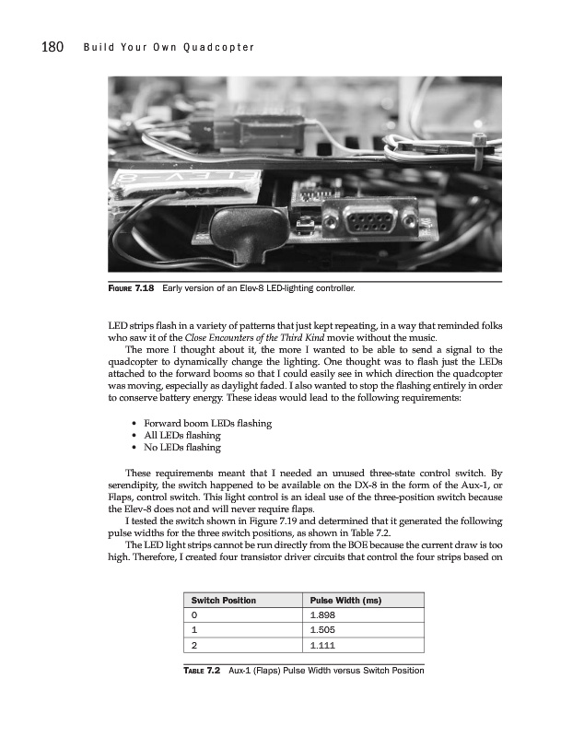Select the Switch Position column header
tap(224, 601)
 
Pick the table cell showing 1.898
tap(322, 615)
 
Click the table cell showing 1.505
tap(322, 631)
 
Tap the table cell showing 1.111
tap(322, 647)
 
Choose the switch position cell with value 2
tap(194, 647)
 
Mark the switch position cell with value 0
tap(194, 615)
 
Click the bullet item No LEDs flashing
tap(182, 448)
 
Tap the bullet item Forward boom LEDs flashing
tap(207, 423)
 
